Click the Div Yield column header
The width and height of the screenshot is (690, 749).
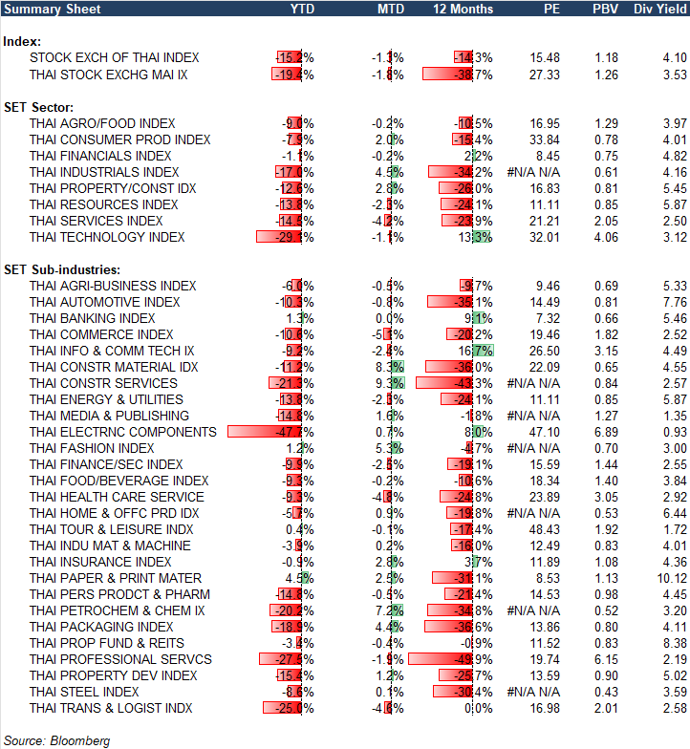point(659,9)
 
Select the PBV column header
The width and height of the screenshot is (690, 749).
point(604,9)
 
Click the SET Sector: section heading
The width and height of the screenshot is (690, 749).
point(40,106)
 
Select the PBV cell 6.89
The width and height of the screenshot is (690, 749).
point(607,432)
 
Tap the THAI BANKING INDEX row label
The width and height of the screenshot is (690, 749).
point(92,318)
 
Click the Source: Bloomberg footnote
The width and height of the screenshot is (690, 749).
point(56,740)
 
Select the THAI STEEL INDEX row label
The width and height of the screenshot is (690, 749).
point(84,692)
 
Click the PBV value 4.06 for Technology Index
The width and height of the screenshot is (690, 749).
point(607,237)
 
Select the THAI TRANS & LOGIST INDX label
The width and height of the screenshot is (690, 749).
point(111,708)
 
